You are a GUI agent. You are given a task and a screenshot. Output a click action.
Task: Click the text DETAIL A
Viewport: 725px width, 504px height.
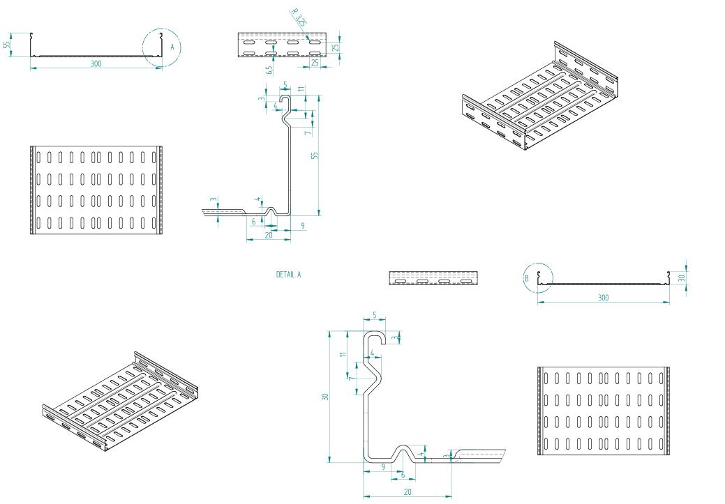288,275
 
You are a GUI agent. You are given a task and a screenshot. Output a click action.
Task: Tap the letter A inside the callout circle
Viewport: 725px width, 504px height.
172,47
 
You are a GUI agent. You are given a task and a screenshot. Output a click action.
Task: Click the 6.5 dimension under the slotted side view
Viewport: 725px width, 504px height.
269,70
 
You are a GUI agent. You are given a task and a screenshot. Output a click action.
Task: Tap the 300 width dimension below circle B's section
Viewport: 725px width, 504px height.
603,298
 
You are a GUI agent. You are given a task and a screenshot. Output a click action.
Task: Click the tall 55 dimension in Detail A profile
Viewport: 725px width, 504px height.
315,155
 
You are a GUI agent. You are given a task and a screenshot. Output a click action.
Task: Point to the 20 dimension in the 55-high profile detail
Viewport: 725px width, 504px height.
268,235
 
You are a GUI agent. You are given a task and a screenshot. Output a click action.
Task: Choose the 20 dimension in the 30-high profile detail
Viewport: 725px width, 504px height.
408,491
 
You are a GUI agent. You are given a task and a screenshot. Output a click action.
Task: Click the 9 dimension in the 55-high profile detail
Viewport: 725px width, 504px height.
302,225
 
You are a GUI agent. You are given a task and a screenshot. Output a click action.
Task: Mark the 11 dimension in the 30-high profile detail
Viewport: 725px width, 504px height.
343,354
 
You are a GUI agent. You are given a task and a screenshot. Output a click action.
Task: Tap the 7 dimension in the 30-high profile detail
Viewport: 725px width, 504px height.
351,377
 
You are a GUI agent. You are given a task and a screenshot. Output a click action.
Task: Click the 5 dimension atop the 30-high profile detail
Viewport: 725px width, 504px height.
374,316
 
